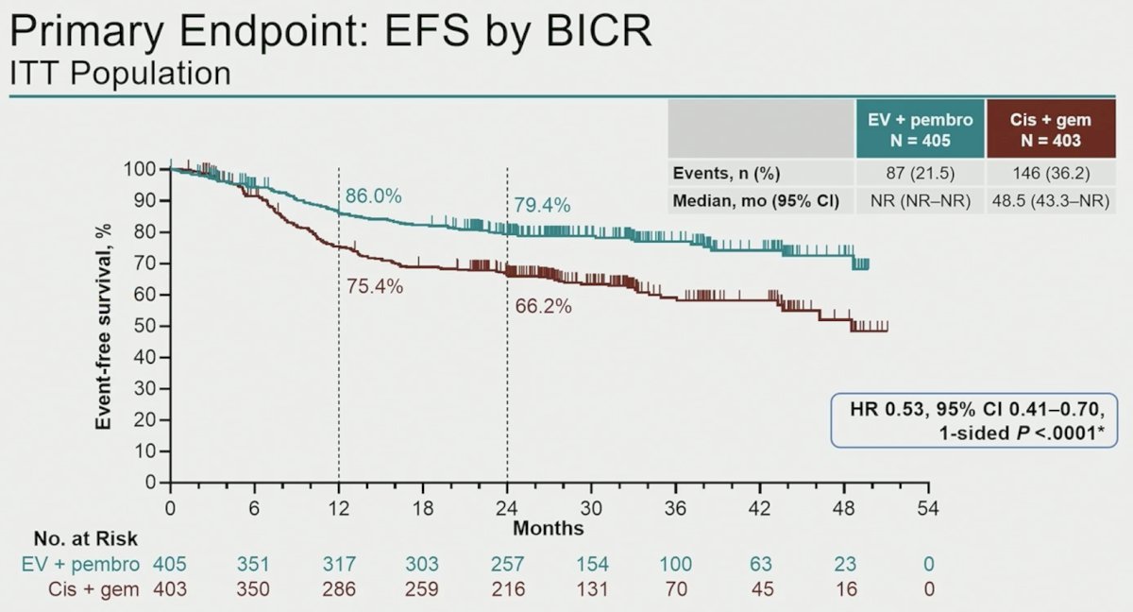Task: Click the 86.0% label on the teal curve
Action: pos(373,195)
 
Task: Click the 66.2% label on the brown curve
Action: pos(543,306)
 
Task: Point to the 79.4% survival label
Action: pos(542,205)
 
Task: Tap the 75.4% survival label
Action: pos(375,287)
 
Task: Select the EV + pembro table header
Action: pos(920,129)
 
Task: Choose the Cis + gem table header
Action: pos(1051,129)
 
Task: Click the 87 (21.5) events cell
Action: pos(920,174)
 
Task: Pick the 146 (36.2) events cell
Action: pos(1051,174)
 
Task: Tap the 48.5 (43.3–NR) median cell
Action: pos(1051,201)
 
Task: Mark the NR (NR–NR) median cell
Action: pos(920,201)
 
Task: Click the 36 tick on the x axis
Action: pos(675,508)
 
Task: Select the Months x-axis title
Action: pos(549,529)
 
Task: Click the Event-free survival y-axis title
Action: pos(103,327)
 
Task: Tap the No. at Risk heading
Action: pos(86,538)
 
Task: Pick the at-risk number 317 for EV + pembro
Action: pos(339,564)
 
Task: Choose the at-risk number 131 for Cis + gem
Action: pos(592,589)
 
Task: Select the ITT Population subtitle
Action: pos(121,74)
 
